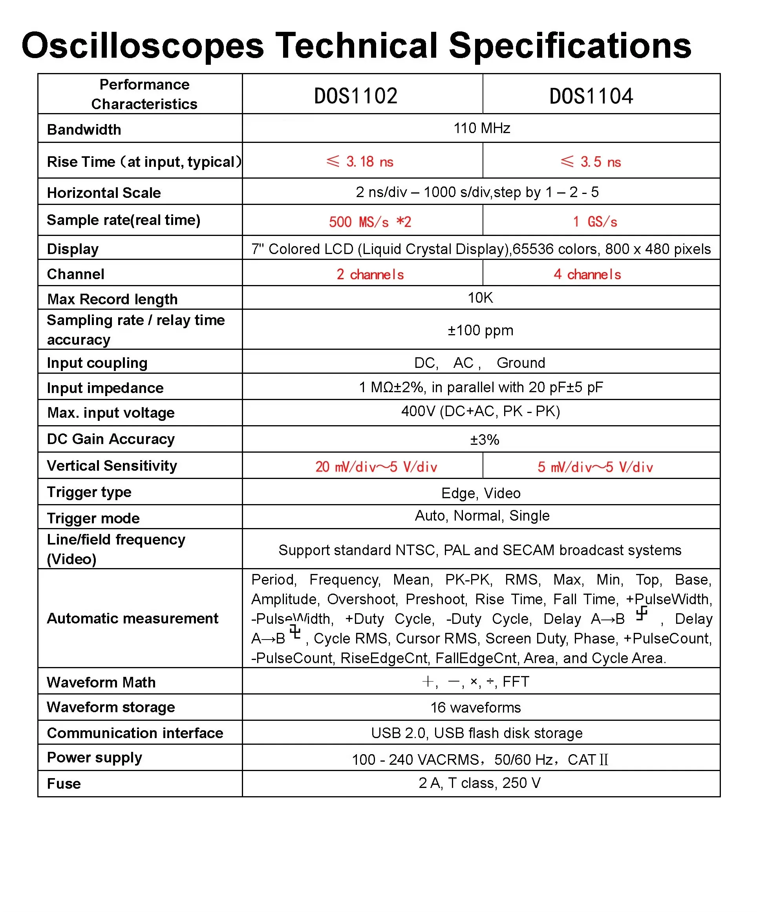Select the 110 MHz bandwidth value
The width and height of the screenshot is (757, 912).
pyautogui.click(x=481, y=128)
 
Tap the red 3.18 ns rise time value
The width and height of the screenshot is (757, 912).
pyautogui.click(x=360, y=162)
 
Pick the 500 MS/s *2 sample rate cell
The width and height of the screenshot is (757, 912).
pyautogui.click(x=369, y=222)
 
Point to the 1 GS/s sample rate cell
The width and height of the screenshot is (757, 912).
pyautogui.click(x=594, y=222)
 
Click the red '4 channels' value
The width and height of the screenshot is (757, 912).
pyautogui.click(x=587, y=274)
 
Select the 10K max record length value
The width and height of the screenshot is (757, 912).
pyautogui.click(x=480, y=298)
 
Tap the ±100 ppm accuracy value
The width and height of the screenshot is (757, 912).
pyautogui.click(x=480, y=331)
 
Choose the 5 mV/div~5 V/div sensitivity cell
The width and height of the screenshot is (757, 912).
pyautogui.click(x=595, y=467)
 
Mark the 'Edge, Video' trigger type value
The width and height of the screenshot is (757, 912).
pyautogui.click(x=481, y=493)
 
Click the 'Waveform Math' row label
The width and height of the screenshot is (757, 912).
pyautogui.click(x=101, y=682)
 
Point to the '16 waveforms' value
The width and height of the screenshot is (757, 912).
pyautogui.click(x=475, y=707)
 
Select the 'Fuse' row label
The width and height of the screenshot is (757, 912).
pyautogui.click(x=64, y=784)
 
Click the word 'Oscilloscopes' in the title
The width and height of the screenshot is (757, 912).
pyautogui.click(x=143, y=46)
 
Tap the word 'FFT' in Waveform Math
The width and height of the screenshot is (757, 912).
pyautogui.click(x=516, y=682)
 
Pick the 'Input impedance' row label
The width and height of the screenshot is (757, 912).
pyautogui.click(x=105, y=388)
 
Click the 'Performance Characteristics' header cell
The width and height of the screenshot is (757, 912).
pyautogui.click(x=144, y=94)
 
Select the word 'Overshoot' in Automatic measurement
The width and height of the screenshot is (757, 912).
pyautogui.click(x=361, y=599)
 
